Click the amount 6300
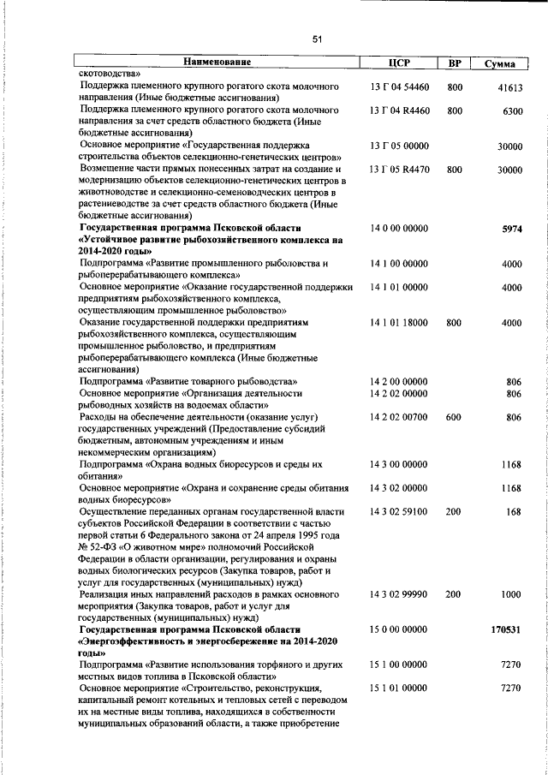tap(512, 111)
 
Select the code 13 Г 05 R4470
tap(399, 170)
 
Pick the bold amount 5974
tap(511, 230)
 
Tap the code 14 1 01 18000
tap(399, 323)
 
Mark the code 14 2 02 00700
tap(399, 417)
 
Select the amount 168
tap(514, 511)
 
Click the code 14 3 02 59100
tap(399, 511)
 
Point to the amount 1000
tap(511, 593)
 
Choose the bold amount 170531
tap(506, 629)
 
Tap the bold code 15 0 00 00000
tap(399, 629)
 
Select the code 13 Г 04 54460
tap(399, 87)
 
